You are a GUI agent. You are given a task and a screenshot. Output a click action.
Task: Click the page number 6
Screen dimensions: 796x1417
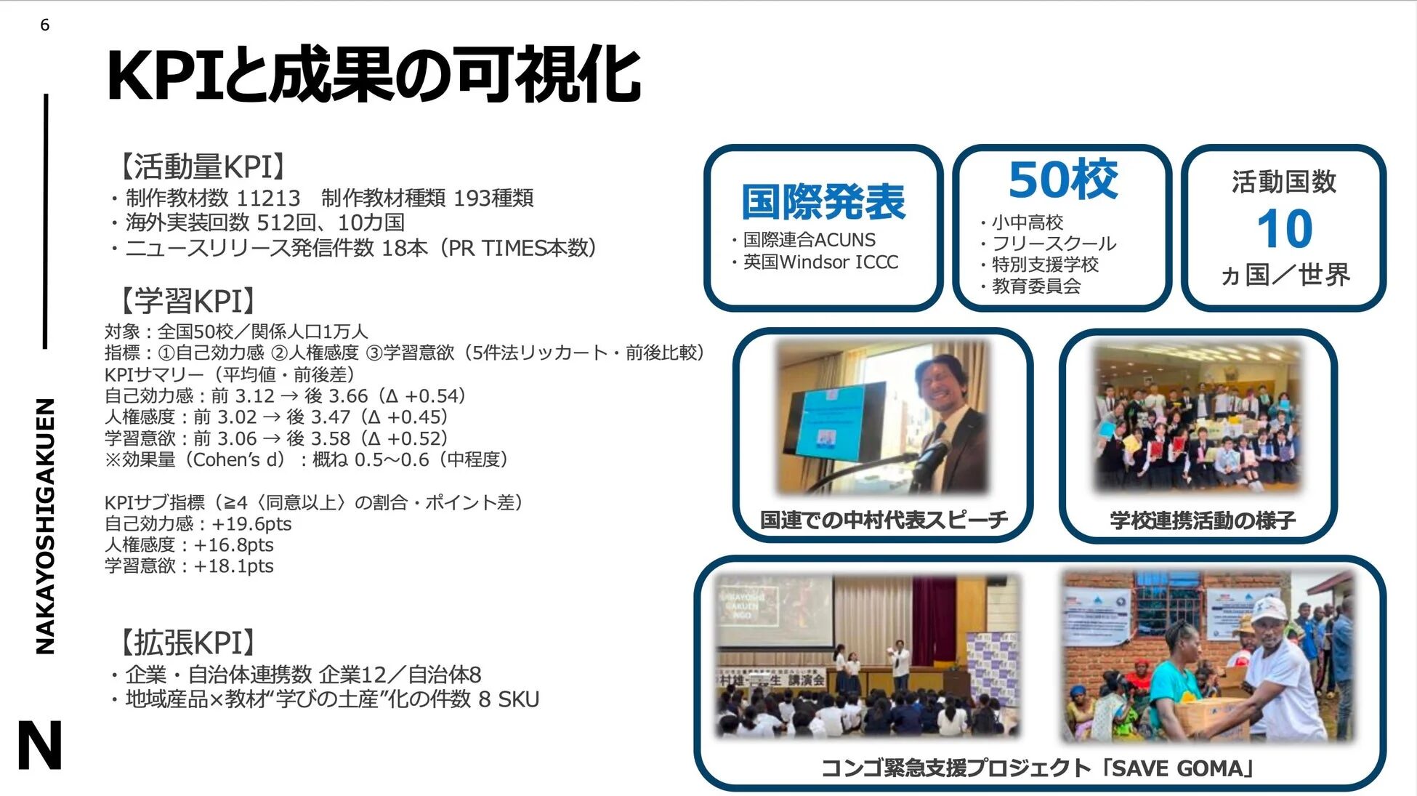(x=45, y=25)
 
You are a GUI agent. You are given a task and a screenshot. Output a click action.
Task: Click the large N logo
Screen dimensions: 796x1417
(x=39, y=745)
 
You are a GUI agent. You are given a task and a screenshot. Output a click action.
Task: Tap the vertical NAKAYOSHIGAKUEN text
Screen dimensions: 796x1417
(x=45, y=526)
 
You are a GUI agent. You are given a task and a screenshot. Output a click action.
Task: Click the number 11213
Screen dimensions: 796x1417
(x=268, y=198)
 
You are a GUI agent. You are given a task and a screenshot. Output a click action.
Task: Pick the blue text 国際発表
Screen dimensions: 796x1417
(x=823, y=201)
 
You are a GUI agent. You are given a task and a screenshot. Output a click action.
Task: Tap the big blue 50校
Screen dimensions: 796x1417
(x=1062, y=179)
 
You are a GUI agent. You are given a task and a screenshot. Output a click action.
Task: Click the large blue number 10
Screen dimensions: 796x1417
(x=1284, y=230)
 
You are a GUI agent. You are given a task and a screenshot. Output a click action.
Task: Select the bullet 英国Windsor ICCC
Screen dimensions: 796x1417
(x=820, y=262)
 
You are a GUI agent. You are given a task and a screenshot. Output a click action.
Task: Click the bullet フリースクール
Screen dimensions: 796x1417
(x=1053, y=244)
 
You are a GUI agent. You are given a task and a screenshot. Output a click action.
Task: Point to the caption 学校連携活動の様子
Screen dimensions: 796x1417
(x=1202, y=520)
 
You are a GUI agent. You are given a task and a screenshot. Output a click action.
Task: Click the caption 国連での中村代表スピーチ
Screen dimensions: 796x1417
(x=884, y=520)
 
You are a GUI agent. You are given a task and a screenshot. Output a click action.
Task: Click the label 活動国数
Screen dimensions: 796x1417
(x=1284, y=182)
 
